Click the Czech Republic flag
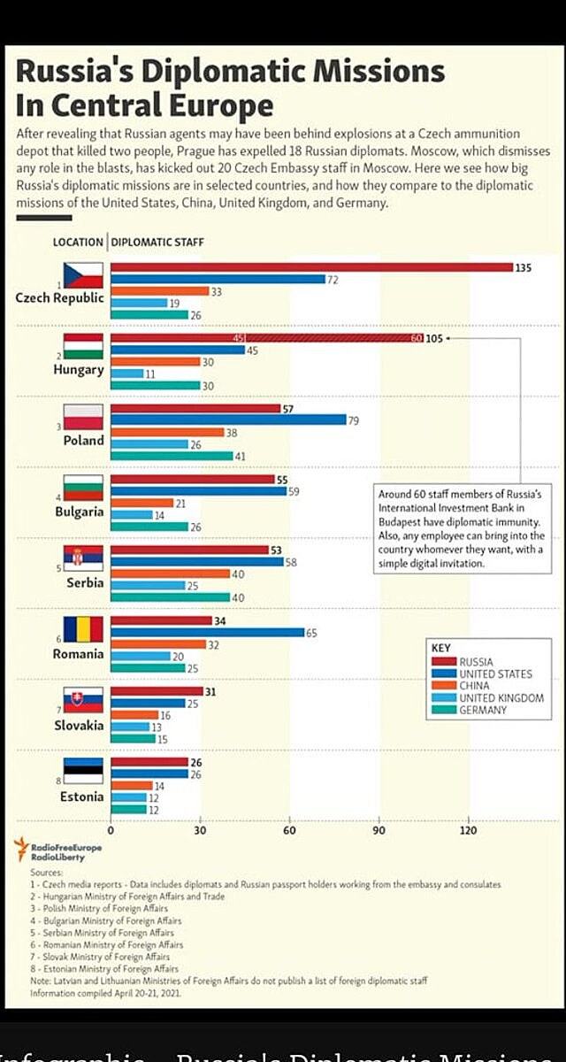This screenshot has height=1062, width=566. pyautogui.click(x=82, y=274)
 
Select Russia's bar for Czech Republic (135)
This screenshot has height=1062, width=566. pyautogui.click(x=311, y=267)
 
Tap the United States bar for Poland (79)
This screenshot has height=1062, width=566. pyautogui.click(x=228, y=420)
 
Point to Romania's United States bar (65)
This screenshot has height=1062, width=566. pyautogui.click(x=206, y=633)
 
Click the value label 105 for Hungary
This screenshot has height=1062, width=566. pyautogui.click(x=434, y=339)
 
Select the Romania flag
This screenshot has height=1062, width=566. pyautogui.click(x=82, y=629)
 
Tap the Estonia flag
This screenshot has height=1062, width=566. pyautogui.click(x=82, y=772)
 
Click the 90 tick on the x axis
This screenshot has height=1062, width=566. pyautogui.click(x=379, y=830)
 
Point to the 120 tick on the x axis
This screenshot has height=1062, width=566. pyautogui.click(x=468, y=830)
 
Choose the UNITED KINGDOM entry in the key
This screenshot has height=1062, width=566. pyautogui.click(x=501, y=698)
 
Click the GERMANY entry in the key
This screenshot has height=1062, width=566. pyautogui.click(x=483, y=710)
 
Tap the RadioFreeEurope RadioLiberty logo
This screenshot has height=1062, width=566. pyautogui.click(x=58, y=850)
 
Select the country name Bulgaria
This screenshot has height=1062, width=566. pyautogui.click(x=79, y=512)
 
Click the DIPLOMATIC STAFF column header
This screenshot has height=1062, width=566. pyautogui.click(x=158, y=242)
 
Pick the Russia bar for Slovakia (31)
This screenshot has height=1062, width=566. pyautogui.click(x=156, y=692)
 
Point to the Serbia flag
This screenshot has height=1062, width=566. pyautogui.click(x=82, y=558)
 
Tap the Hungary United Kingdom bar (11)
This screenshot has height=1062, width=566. pyautogui.click(x=126, y=373)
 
